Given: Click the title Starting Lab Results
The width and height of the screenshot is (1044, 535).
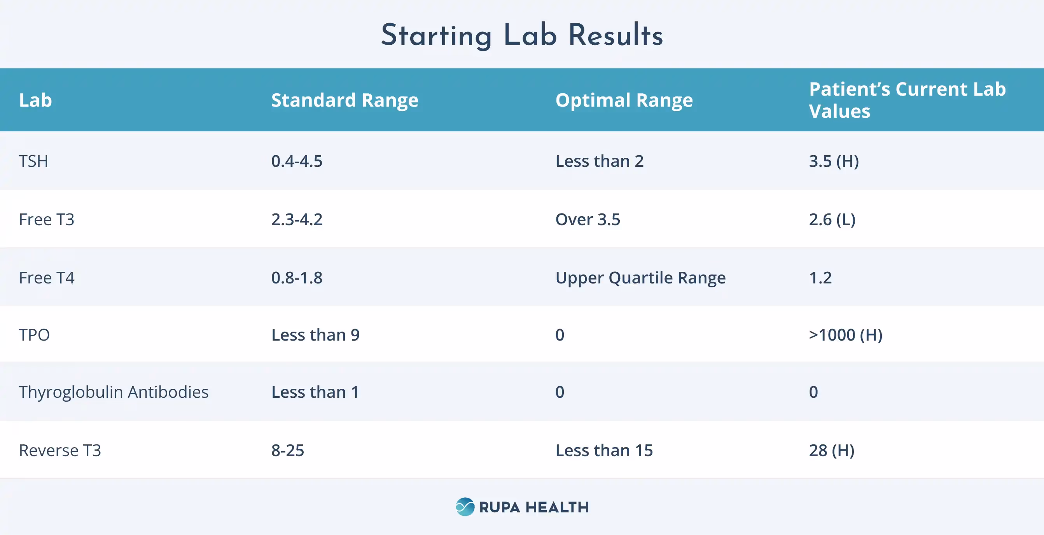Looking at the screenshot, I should [521, 35].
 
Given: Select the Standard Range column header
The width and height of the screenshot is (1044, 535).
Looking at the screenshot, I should [345, 100].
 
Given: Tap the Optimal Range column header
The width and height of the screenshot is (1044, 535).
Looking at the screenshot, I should [624, 100].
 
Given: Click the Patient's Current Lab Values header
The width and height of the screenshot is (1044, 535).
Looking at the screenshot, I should [907, 100].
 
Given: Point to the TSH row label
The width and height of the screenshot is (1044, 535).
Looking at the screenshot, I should [34, 161].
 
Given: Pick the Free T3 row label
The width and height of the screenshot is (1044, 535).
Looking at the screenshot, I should [47, 220].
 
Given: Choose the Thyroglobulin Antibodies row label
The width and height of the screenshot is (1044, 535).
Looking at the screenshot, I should [114, 392].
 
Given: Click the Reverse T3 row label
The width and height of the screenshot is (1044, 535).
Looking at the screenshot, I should [60, 451].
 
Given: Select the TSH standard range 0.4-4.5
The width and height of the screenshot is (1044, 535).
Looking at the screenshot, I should [297, 161].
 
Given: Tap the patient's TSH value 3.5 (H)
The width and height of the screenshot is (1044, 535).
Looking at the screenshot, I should [834, 161].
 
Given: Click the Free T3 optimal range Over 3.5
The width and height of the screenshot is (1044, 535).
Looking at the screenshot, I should [587, 220].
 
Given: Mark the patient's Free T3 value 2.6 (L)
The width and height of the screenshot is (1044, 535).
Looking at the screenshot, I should [832, 220].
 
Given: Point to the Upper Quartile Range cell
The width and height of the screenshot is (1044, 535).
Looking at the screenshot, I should [640, 278].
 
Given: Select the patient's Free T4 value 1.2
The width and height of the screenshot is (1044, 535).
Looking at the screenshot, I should [820, 278].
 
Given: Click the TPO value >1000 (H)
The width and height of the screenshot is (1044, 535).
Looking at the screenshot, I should [845, 335].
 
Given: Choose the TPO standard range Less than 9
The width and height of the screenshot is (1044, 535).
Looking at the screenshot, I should [315, 335].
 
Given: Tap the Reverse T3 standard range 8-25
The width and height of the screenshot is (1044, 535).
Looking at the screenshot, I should [287, 451].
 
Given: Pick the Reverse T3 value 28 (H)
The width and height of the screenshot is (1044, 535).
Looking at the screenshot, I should [832, 451].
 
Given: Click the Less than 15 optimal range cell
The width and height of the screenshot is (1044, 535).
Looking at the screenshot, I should [604, 451].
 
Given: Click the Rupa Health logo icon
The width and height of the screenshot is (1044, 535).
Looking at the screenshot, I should [465, 507].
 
